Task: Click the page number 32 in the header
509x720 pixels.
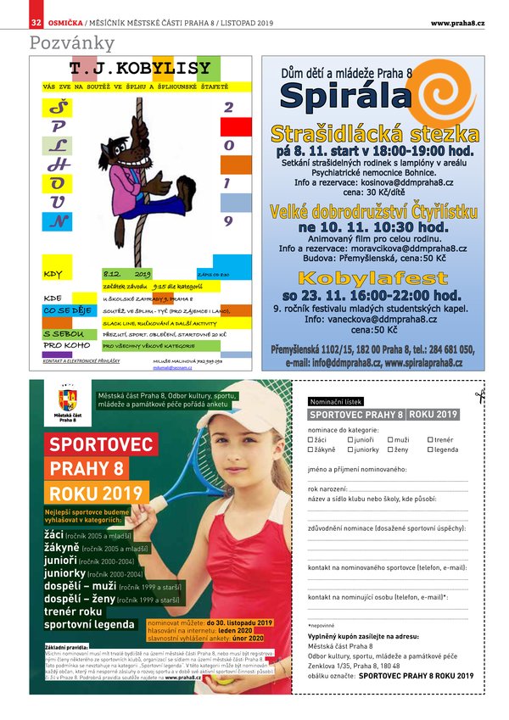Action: (x=36, y=22)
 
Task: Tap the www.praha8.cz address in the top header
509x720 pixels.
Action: (x=457, y=22)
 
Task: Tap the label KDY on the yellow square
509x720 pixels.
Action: (x=53, y=274)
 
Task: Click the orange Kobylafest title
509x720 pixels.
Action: (x=372, y=278)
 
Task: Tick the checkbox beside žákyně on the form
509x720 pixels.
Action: (x=310, y=450)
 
